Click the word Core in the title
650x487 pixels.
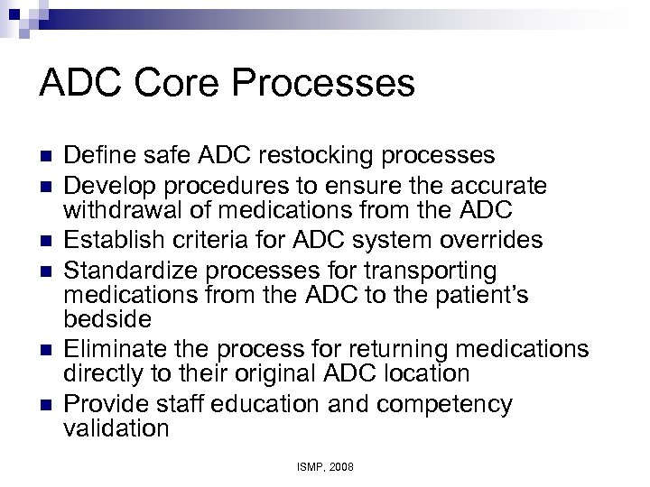(x=184, y=84)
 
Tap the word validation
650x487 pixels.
(x=116, y=427)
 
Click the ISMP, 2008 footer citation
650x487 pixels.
(x=324, y=467)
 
